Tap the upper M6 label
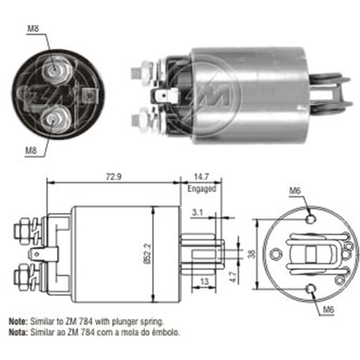click(x=295, y=191)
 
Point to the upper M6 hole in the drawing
click(x=310, y=219)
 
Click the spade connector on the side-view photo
click(x=171, y=93)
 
